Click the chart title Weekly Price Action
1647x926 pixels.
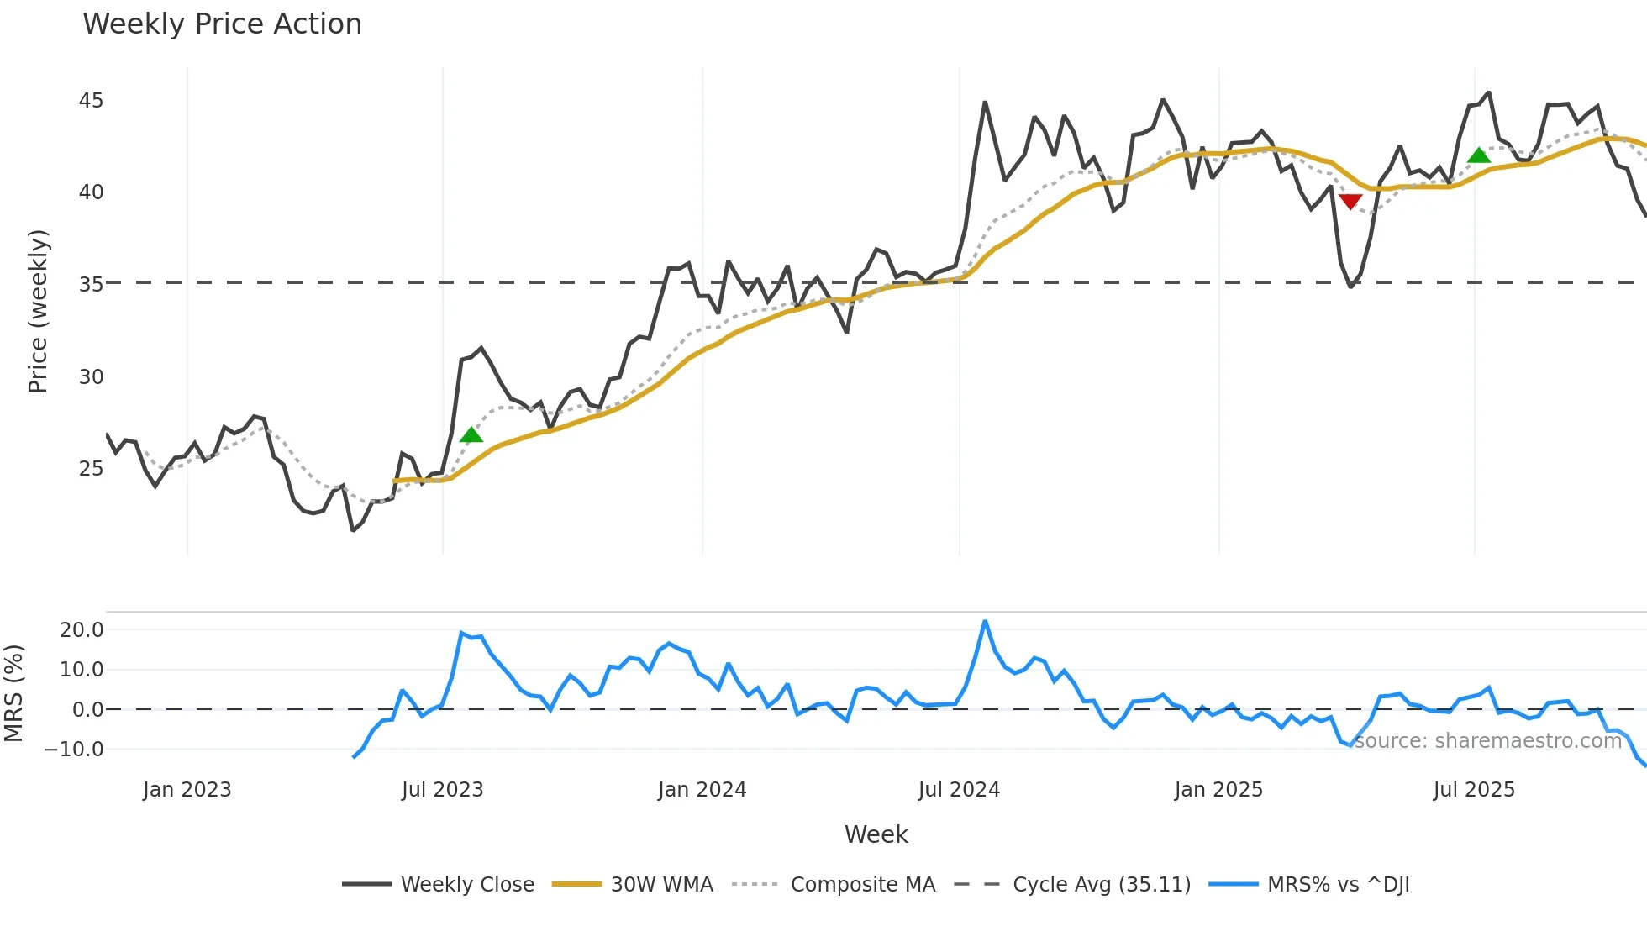222,24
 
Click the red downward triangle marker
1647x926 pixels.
1350,202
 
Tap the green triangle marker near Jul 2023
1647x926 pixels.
471,434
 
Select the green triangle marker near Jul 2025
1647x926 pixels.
1479,155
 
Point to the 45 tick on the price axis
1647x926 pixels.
91,101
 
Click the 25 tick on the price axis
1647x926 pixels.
91,469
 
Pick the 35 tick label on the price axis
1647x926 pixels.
91,285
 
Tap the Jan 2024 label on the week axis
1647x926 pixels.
702,790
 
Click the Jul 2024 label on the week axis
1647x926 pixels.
959,790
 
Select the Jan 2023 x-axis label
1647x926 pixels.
187,790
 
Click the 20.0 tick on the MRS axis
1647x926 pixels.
82,630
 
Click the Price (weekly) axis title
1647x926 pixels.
38,311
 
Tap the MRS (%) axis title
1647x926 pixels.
13,693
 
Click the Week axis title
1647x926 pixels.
876,834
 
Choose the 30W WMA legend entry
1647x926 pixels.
661,885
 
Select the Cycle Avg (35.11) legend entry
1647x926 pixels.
1101,885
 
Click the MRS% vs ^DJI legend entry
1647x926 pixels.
1338,885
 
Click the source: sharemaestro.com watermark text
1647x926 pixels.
1487,741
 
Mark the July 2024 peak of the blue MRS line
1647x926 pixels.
985,622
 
